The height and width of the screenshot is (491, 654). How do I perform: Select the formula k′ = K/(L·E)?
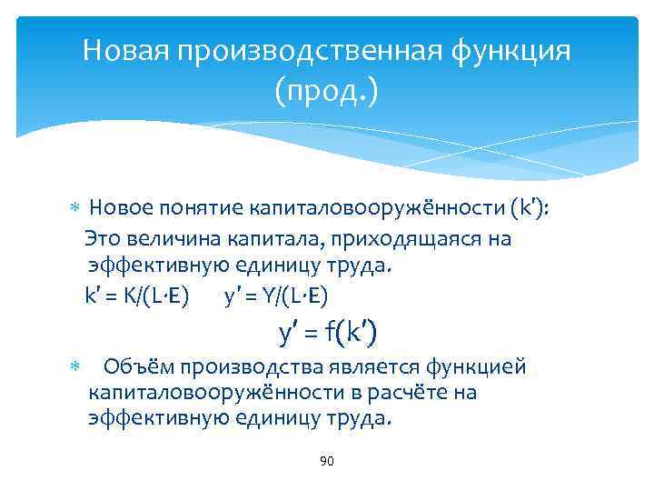click(137, 297)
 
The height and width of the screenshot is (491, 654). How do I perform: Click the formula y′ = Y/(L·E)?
click(276, 297)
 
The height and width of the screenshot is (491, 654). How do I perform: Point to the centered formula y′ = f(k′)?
click(326, 334)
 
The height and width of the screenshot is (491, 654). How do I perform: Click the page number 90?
click(327, 462)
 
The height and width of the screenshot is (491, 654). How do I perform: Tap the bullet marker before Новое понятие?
click(75, 211)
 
